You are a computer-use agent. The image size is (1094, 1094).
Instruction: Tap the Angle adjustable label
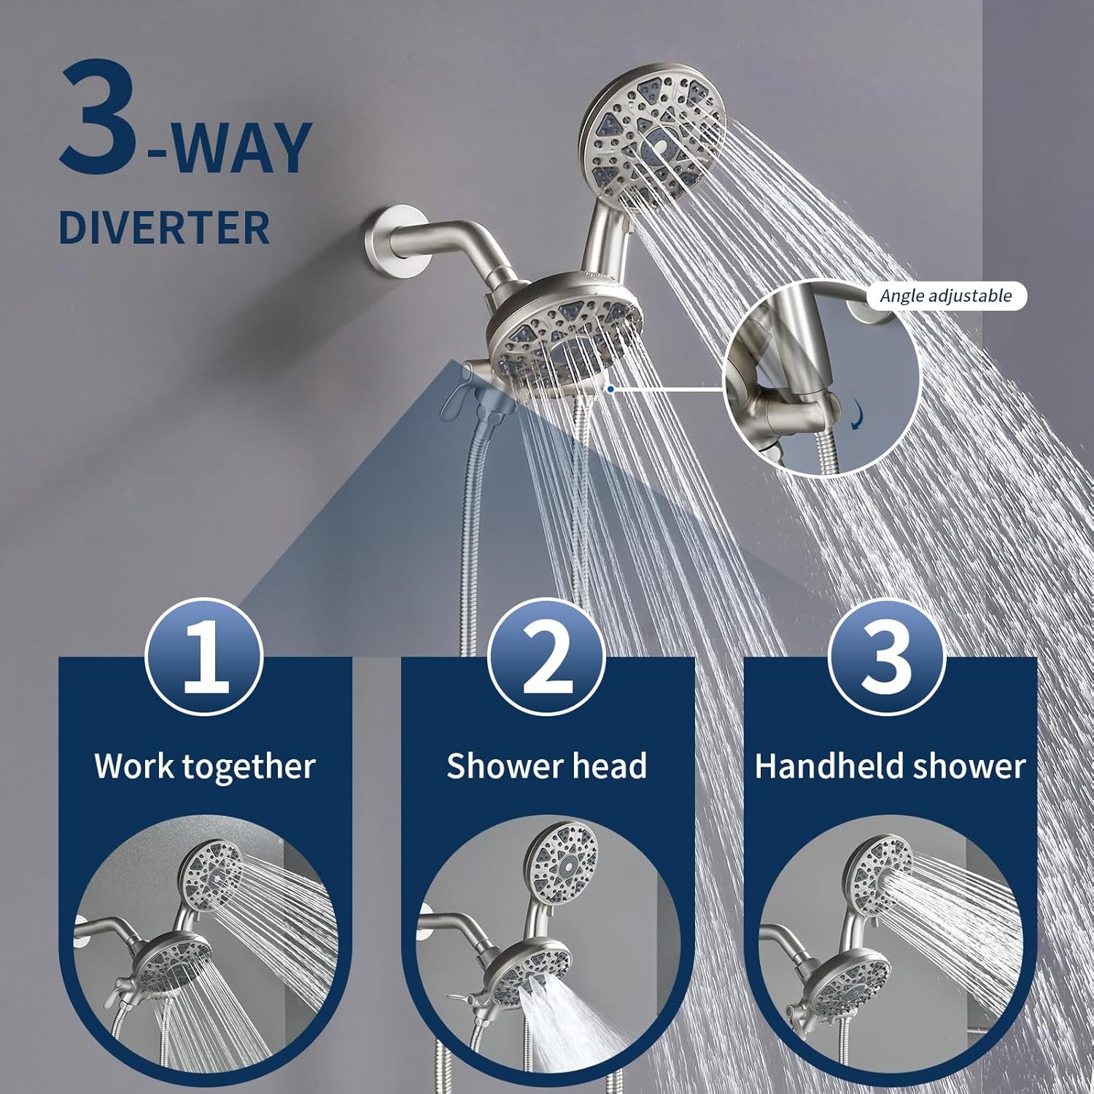[946, 295]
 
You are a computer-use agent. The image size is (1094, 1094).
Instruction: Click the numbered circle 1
[205, 656]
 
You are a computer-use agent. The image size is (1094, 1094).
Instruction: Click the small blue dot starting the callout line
[610, 389]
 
